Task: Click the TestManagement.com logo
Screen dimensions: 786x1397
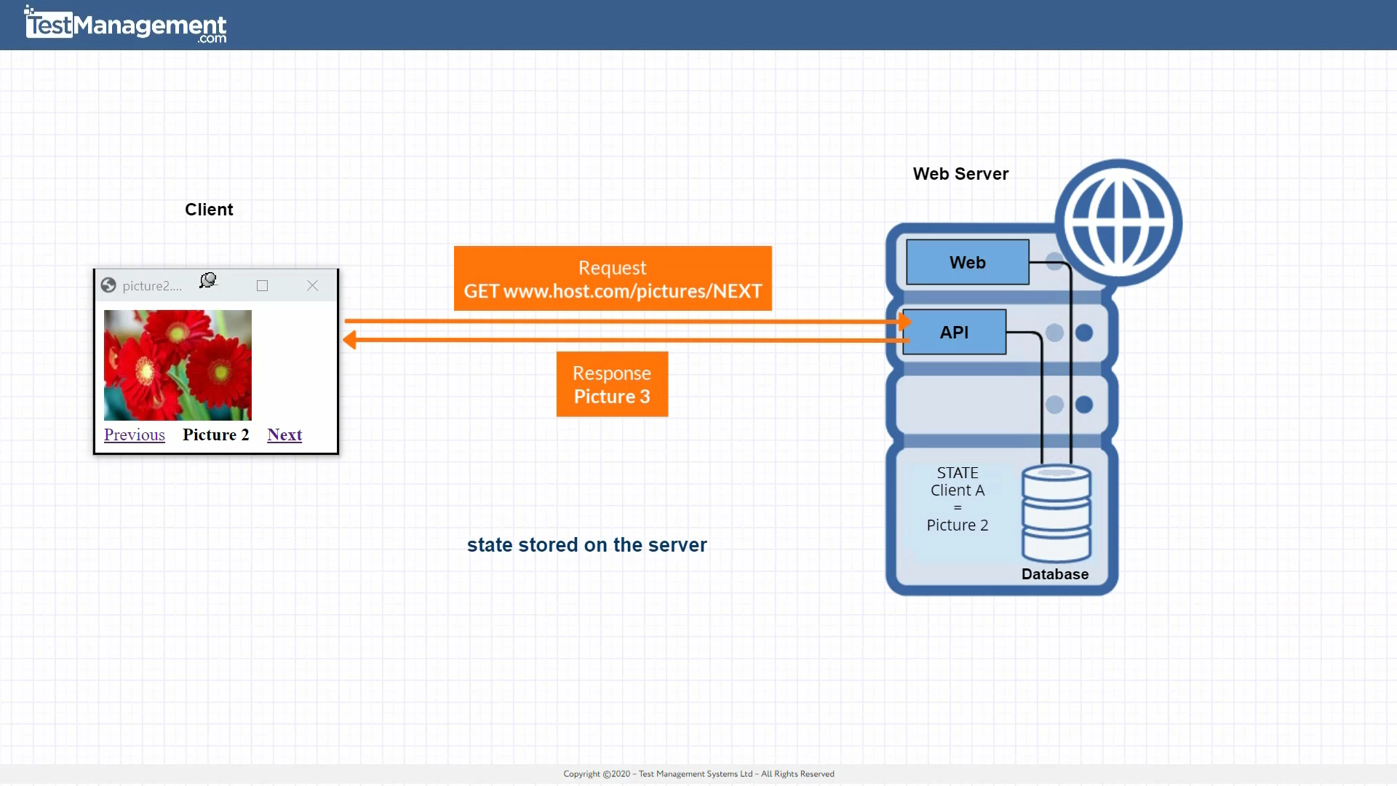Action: click(x=126, y=25)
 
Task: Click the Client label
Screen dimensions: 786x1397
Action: click(x=209, y=210)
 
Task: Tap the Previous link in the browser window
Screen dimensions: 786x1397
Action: click(x=135, y=434)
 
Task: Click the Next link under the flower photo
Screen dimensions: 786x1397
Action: click(x=284, y=434)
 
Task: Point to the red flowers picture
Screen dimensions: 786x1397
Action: click(x=178, y=365)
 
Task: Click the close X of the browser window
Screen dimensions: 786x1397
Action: click(x=312, y=286)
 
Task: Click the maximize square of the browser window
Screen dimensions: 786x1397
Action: click(x=263, y=286)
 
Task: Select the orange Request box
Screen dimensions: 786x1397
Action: click(x=613, y=279)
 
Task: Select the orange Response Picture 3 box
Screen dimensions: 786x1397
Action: click(x=612, y=384)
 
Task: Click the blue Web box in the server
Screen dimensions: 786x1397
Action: click(x=967, y=263)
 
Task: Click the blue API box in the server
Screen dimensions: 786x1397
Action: click(x=954, y=333)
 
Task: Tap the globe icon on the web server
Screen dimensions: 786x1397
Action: click(x=1118, y=223)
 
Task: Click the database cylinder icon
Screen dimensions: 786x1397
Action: click(x=1056, y=513)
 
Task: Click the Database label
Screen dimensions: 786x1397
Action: click(x=1055, y=574)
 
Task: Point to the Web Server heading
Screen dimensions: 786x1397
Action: click(x=960, y=174)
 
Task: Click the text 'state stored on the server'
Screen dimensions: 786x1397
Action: click(x=586, y=545)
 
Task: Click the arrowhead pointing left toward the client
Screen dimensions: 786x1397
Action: click(x=350, y=340)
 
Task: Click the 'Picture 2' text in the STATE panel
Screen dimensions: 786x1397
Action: click(x=957, y=525)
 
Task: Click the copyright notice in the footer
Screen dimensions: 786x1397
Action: click(x=698, y=774)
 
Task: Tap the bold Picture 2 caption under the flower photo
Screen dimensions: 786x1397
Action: click(x=215, y=434)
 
